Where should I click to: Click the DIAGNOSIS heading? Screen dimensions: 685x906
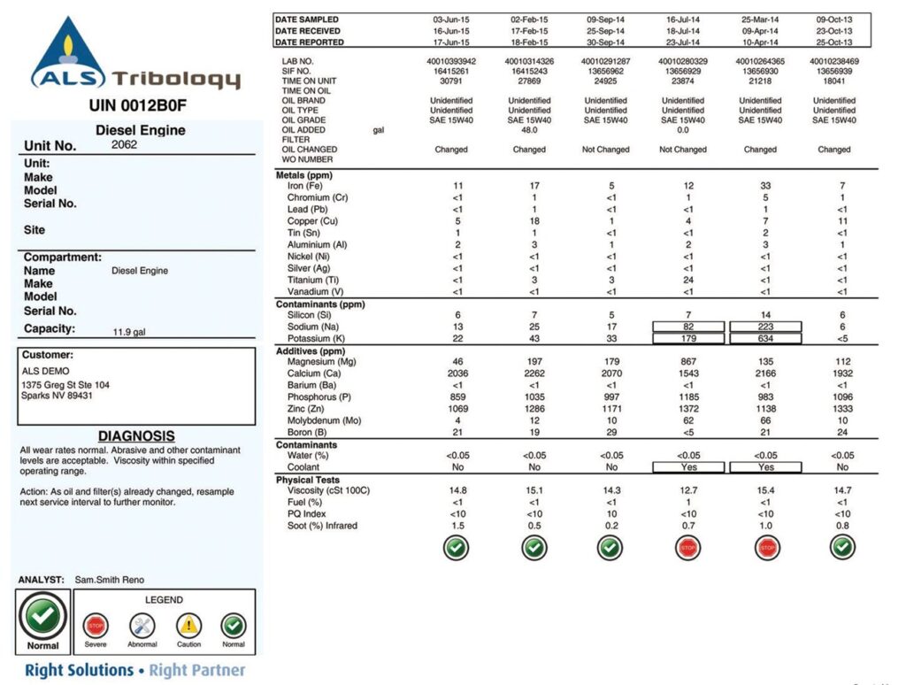tap(136, 436)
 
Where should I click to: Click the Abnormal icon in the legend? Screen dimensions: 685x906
tap(142, 625)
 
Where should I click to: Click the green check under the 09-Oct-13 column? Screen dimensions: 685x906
tap(841, 549)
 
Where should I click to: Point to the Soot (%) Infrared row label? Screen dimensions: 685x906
tap(323, 526)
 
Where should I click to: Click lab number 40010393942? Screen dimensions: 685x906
tap(450, 61)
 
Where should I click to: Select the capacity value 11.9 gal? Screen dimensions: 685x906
tap(129, 334)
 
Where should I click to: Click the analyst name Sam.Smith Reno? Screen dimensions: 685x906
tap(111, 581)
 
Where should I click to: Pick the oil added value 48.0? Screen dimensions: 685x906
tap(529, 129)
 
